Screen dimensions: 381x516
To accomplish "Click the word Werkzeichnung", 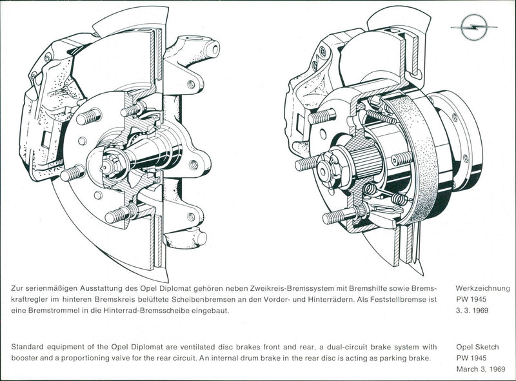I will tap(482, 289).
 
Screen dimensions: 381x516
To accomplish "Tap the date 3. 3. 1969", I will tap(471, 311).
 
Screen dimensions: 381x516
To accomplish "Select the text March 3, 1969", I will tap(481, 369).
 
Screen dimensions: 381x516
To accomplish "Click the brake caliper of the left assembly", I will tap(45, 110).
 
